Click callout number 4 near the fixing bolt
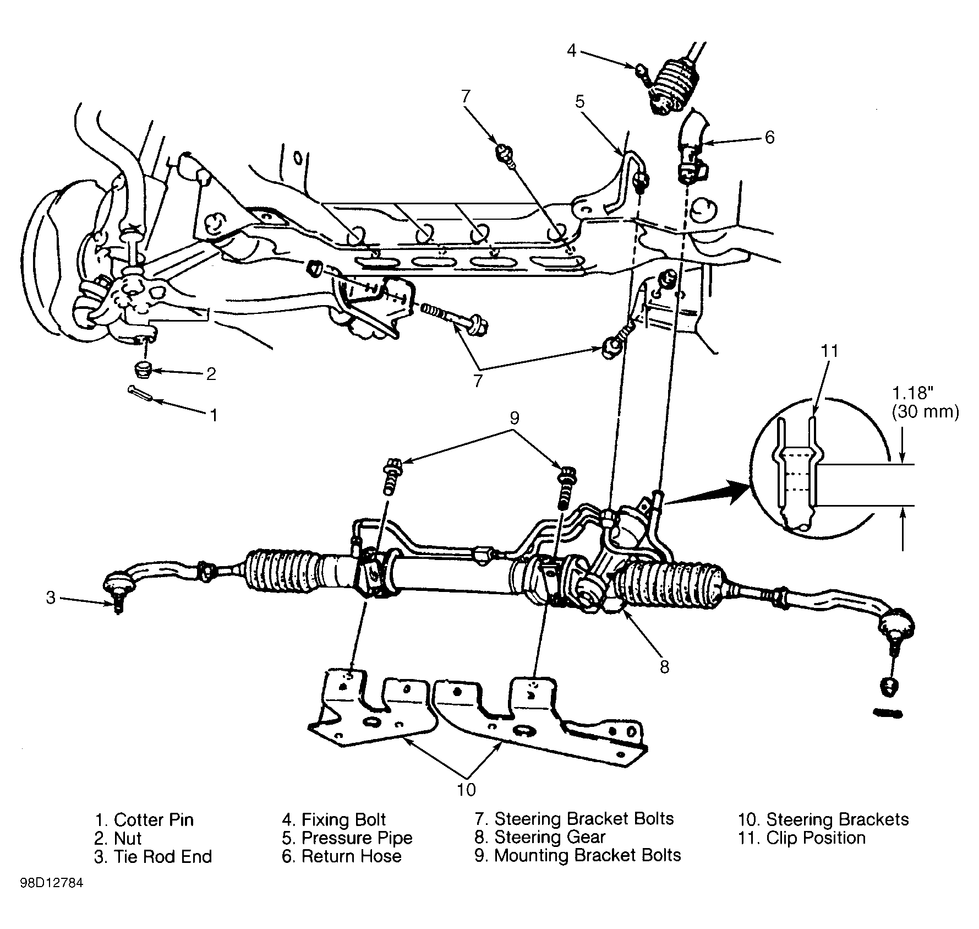click(x=571, y=51)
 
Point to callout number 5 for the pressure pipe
click(x=579, y=102)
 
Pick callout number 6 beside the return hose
click(x=769, y=137)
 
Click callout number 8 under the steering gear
click(x=664, y=667)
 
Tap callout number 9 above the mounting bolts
click(x=514, y=418)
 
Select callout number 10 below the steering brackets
click(x=466, y=789)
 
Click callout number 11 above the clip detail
click(x=829, y=351)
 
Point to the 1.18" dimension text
click(x=913, y=393)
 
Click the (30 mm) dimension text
click(x=926, y=412)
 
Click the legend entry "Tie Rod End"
click(x=162, y=857)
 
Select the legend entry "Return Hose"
click(x=351, y=856)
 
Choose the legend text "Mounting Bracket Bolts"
click(x=588, y=855)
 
